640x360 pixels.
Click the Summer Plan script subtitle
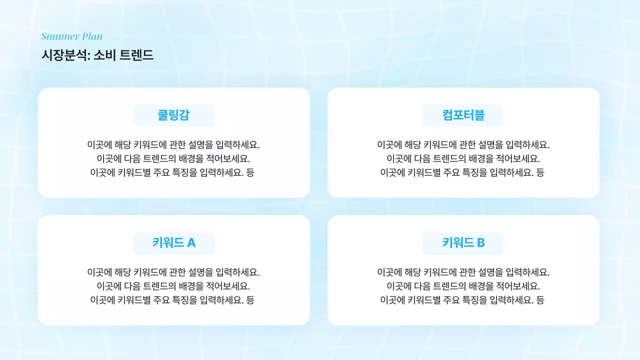coord(71,36)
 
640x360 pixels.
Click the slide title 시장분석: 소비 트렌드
coord(97,55)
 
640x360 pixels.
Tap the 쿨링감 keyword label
coord(173,115)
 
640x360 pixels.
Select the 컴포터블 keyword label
coord(463,115)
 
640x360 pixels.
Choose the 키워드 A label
coord(173,243)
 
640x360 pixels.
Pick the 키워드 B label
coord(463,243)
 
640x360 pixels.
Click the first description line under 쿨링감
coord(173,145)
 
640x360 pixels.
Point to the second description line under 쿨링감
coord(173,158)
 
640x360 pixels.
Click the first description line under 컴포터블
coord(463,145)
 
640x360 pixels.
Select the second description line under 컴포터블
coord(463,158)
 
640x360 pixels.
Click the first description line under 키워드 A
coord(173,272)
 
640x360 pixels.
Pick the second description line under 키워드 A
coord(173,286)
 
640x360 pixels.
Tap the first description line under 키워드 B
coord(463,272)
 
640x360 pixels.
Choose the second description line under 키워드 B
coord(463,286)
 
